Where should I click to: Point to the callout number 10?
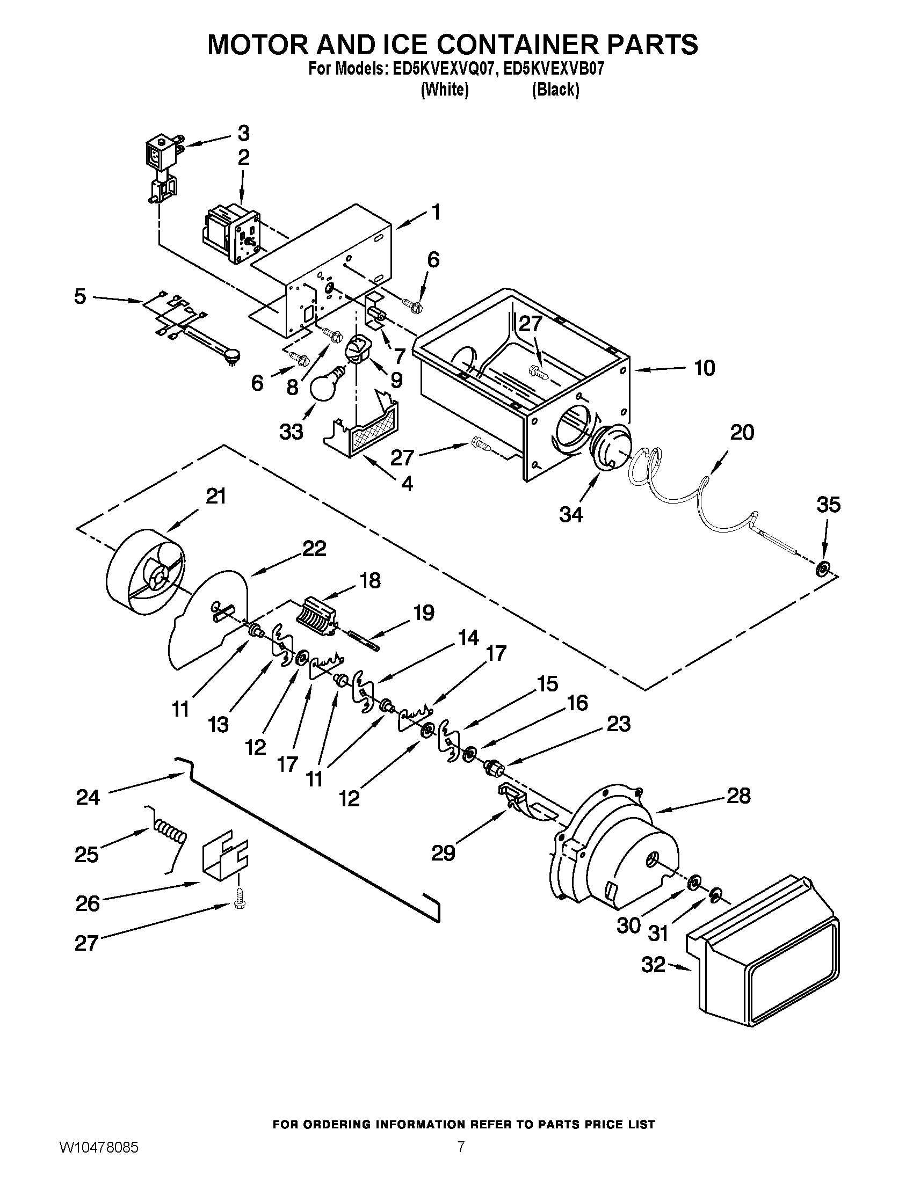tap(704, 368)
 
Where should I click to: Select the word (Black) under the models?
tap(555, 89)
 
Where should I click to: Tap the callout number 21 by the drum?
tap(216, 496)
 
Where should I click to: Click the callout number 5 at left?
tap(80, 296)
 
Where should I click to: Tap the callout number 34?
tap(571, 514)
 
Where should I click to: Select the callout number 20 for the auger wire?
tap(742, 432)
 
